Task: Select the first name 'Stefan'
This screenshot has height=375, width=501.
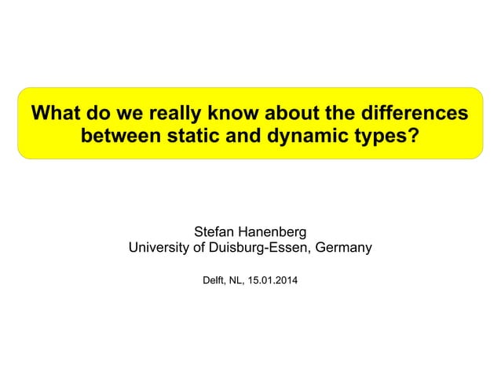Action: [x=214, y=232]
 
